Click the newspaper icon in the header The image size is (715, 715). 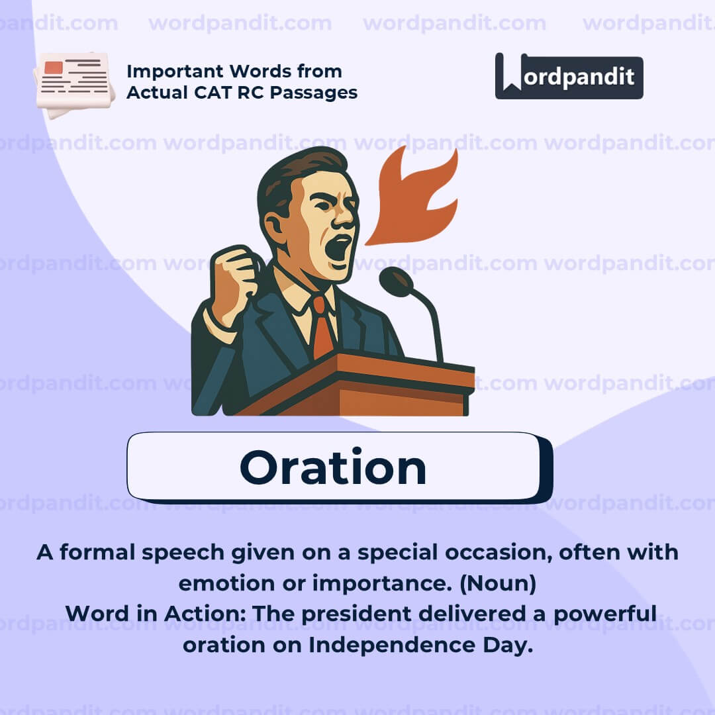pyautogui.click(x=74, y=82)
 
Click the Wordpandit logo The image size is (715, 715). pyautogui.click(x=569, y=76)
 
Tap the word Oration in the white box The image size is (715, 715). pyautogui.click(x=333, y=468)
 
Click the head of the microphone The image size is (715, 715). pyautogui.click(x=396, y=282)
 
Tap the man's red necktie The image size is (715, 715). pyautogui.click(x=322, y=328)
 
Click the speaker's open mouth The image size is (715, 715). pyautogui.click(x=338, y=248)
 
